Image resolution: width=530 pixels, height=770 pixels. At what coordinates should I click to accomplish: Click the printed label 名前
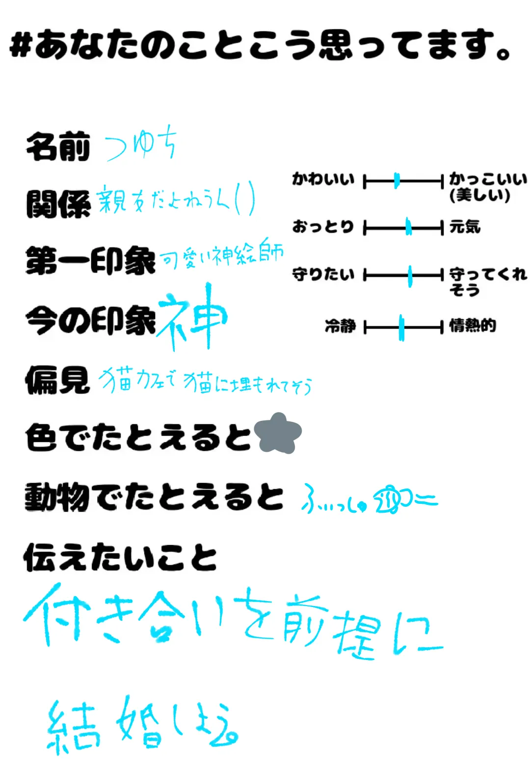58,147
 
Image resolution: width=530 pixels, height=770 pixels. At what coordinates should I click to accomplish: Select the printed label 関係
58,204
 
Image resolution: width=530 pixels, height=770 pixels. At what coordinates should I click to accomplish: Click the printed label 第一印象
90,261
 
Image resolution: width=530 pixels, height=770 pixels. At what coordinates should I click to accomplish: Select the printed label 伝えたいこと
120,557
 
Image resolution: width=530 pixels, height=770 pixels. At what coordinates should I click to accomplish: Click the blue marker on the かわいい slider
397,181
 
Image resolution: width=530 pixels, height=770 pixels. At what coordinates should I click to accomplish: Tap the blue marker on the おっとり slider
408,227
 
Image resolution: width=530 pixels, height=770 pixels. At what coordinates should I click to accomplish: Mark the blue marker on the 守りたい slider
410,275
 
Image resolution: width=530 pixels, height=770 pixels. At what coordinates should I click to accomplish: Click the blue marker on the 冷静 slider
401,327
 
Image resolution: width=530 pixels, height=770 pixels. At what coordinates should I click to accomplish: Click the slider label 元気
465,227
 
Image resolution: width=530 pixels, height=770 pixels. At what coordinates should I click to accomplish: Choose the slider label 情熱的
473,326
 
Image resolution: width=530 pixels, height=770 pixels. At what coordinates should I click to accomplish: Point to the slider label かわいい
323,179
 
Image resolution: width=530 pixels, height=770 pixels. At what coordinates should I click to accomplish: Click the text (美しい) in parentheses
479,195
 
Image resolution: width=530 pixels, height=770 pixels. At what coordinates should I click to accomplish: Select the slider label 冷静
340,326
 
